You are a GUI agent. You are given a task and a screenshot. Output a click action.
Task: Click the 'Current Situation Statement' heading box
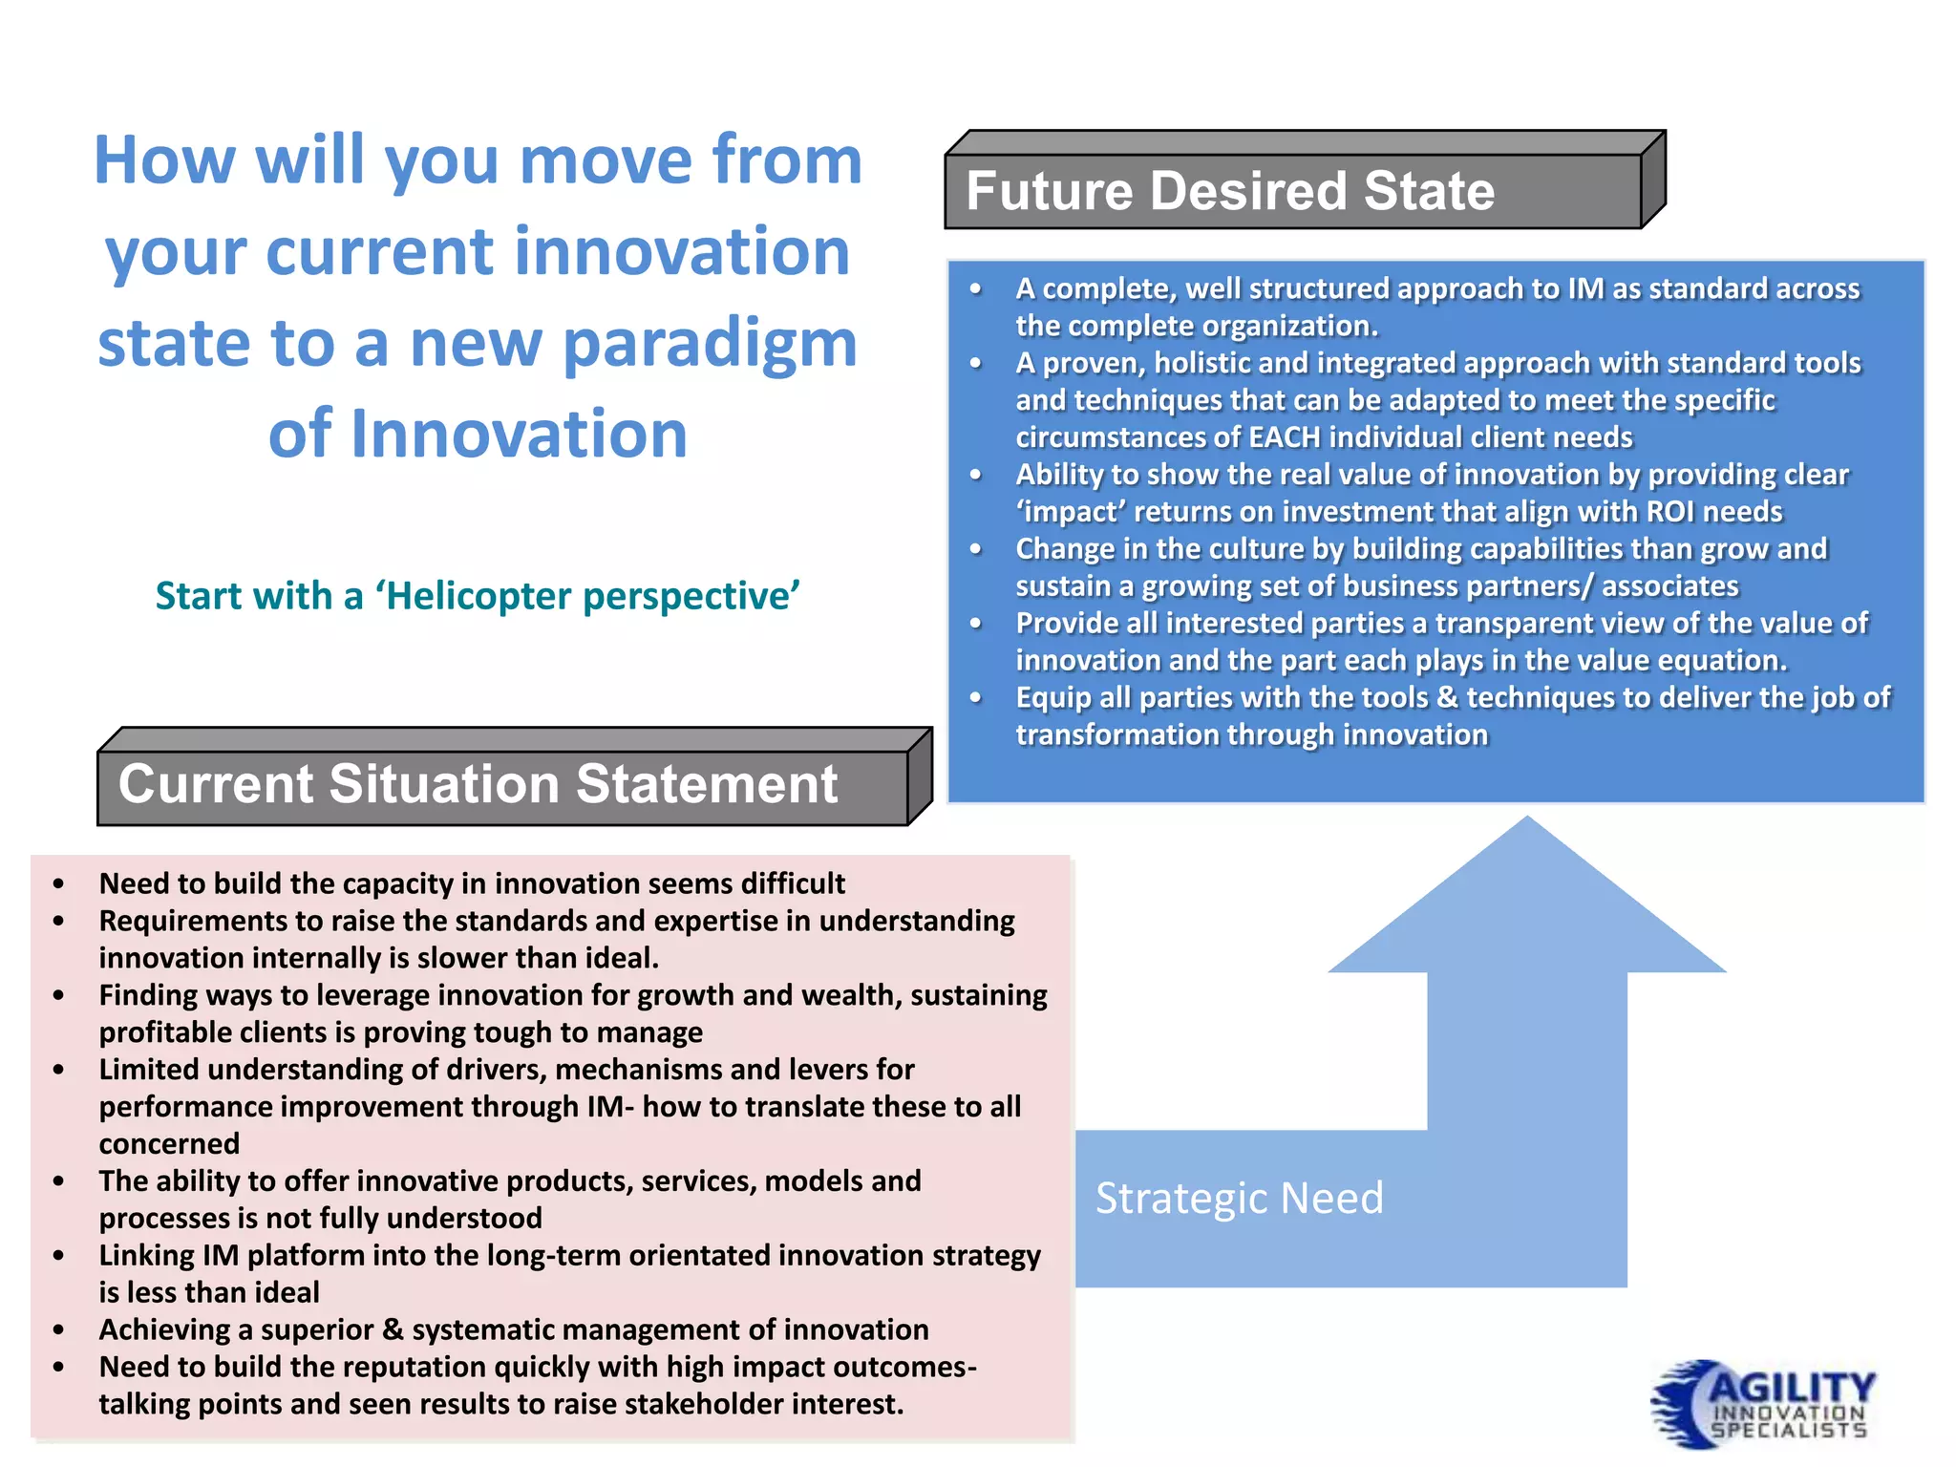(501, 786)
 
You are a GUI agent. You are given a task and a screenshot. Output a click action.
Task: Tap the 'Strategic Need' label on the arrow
(1239, 1199)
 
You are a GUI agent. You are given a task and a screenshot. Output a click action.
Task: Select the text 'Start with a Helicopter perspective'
(478, 596)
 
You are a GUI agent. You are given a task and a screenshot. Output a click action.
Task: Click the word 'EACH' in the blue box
(1285, 437)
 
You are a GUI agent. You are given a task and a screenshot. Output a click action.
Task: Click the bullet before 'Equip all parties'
(975, 698)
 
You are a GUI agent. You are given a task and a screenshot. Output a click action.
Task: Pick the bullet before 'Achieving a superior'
(59, 1330)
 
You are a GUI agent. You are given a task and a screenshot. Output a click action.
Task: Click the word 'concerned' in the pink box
(169, 1144)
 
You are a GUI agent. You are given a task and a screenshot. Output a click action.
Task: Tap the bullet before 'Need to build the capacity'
(59, 884)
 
